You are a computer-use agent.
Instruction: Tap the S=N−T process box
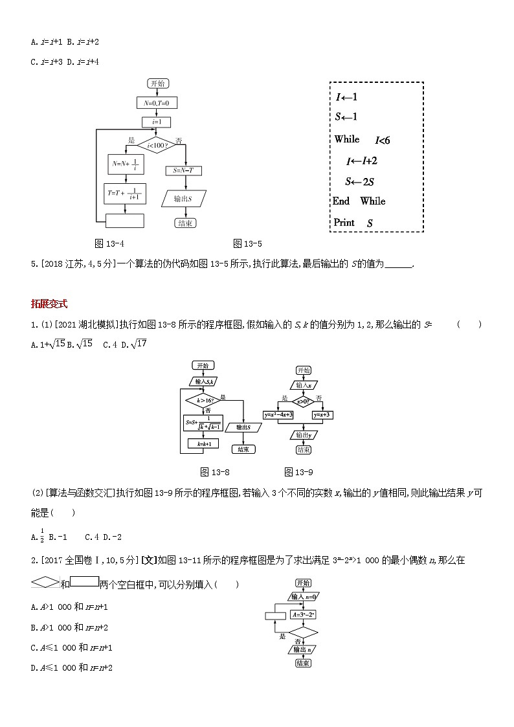[184, 170]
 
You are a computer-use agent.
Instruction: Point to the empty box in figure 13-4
[124, 221]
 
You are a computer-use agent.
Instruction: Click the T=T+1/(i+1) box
[124, 193]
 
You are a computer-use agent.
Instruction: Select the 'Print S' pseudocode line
[353, 223]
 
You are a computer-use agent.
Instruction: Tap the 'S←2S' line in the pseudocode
[360, 181]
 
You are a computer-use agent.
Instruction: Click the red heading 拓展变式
[49, 304]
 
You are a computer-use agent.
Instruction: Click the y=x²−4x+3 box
[278, 414]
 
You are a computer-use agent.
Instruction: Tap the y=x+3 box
[322, 414]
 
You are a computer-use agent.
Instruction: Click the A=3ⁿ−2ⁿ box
[302, 614]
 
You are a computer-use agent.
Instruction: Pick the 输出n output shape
[302, 649]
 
